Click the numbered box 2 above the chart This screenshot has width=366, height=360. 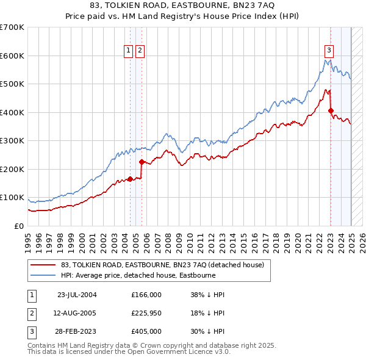140,51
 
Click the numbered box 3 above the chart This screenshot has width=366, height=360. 329,51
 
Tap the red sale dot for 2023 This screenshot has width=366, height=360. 331,111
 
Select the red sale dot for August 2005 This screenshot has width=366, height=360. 142,162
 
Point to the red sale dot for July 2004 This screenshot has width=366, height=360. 130,179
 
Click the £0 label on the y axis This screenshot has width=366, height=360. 18,226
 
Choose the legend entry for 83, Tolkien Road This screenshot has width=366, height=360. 162,265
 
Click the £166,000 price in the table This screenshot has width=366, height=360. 146,295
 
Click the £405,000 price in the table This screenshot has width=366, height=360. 146,333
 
